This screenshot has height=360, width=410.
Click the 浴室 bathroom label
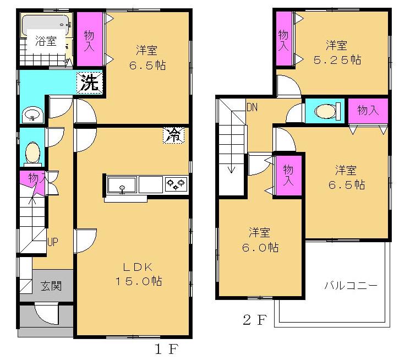click(x=45, y=41)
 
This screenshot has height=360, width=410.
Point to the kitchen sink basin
click(x=122, y=184)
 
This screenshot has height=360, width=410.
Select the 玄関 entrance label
click(x=51, y=286)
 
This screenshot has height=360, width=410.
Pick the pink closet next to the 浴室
click(x=89, y=40)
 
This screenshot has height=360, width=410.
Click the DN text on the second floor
click(x=252, y=107)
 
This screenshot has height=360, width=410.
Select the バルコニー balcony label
click(x=350, y=286)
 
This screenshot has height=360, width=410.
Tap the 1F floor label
click(x=163, y=348)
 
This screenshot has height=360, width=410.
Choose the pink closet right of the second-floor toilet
click(x=368, y=111)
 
